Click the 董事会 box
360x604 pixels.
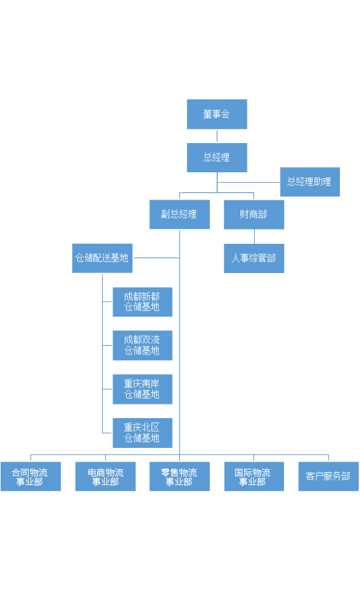point(217,114)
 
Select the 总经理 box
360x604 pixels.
point(217,157)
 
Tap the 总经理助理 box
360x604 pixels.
point(310,182)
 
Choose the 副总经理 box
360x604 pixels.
point(179,214)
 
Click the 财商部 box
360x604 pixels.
point(254,215)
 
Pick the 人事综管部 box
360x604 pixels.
point(254,258)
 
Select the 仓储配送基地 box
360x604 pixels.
point(103,258)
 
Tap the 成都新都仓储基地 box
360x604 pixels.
point(142,302)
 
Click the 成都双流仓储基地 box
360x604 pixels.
point(142,345)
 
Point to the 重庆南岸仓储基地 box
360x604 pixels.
point(142,389)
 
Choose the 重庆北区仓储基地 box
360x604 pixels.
point(142,433)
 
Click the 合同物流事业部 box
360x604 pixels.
point(31,477)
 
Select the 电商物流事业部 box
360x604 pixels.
point(105,477)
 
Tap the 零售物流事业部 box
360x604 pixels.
point(179,477)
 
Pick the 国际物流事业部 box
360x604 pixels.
point(254,477)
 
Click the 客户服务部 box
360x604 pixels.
point(328,477)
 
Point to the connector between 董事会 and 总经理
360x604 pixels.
point(217,136)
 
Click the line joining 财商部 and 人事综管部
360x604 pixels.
point(254,237)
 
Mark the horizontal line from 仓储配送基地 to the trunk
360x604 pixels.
point(157,257)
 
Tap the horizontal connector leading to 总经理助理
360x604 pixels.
point(249,182)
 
